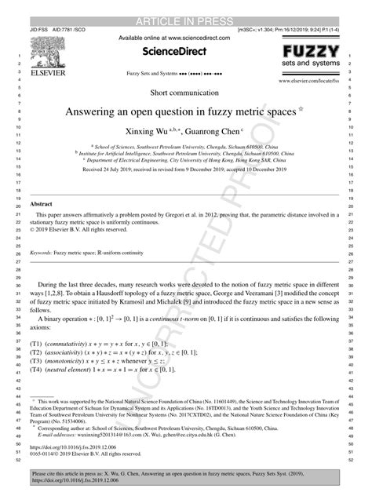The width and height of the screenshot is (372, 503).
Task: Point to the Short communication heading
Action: pos(186,93)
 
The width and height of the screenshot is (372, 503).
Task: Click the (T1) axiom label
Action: pos(37,344)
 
